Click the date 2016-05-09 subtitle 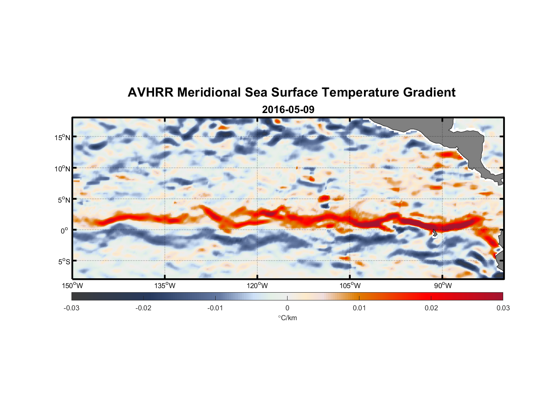[288, 110]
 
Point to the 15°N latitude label [62, 137]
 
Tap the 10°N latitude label [62, 169]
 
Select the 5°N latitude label [64, 200]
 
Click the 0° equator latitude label [64, 231]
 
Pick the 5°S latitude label [64, 261]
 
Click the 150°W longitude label [72, 286]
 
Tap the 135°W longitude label [165, 286]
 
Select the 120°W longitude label [257, 286]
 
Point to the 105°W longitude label [350, 286]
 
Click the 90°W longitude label [442, 286]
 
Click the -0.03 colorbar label [71, 308]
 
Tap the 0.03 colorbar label [503, 308]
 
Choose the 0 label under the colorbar [287, 308]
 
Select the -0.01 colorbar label [215, 308]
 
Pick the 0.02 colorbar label [431, 308]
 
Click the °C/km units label [287, 318]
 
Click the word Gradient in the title [429, 92]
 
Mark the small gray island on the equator [435, 233]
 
